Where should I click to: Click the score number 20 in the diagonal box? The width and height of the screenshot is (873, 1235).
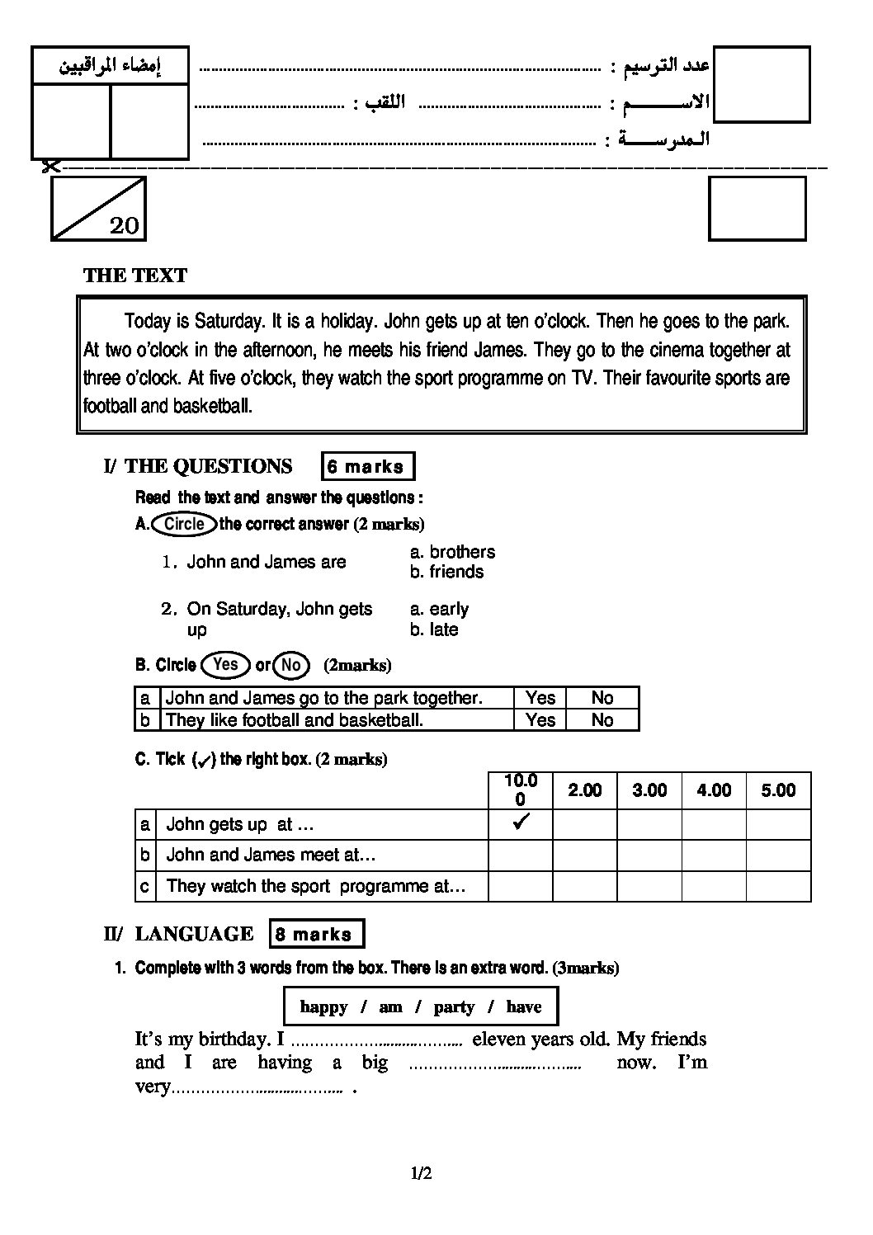point(124,225)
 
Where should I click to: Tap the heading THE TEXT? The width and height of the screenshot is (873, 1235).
point(135,276)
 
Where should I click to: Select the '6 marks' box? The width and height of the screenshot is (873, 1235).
point(367,467)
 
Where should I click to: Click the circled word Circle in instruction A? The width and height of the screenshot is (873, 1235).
point(184,524)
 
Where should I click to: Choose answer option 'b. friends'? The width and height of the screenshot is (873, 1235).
point(447,572)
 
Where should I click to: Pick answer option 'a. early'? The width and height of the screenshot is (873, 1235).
point(439,609)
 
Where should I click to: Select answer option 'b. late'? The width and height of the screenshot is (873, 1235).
point(434,629)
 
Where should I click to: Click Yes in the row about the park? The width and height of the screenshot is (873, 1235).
point(540,698)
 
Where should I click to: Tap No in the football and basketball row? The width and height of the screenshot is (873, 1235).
point(602,720)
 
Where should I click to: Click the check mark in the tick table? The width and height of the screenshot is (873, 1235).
point(520,823)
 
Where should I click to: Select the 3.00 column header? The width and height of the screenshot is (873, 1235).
point(649,790)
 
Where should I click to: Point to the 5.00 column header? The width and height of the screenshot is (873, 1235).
point(778,790)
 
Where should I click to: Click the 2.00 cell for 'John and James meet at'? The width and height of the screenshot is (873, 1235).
point(584,855)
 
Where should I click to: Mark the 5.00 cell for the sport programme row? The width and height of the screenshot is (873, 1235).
point(778,886)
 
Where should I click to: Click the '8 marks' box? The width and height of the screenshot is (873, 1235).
point(316,934)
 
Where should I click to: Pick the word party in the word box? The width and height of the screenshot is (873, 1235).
point(454,1006)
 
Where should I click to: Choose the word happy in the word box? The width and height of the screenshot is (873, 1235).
point(323,1006)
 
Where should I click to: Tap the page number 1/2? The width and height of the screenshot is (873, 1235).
point(422,1173)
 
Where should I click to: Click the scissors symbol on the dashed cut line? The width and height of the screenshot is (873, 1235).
point(50,167)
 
